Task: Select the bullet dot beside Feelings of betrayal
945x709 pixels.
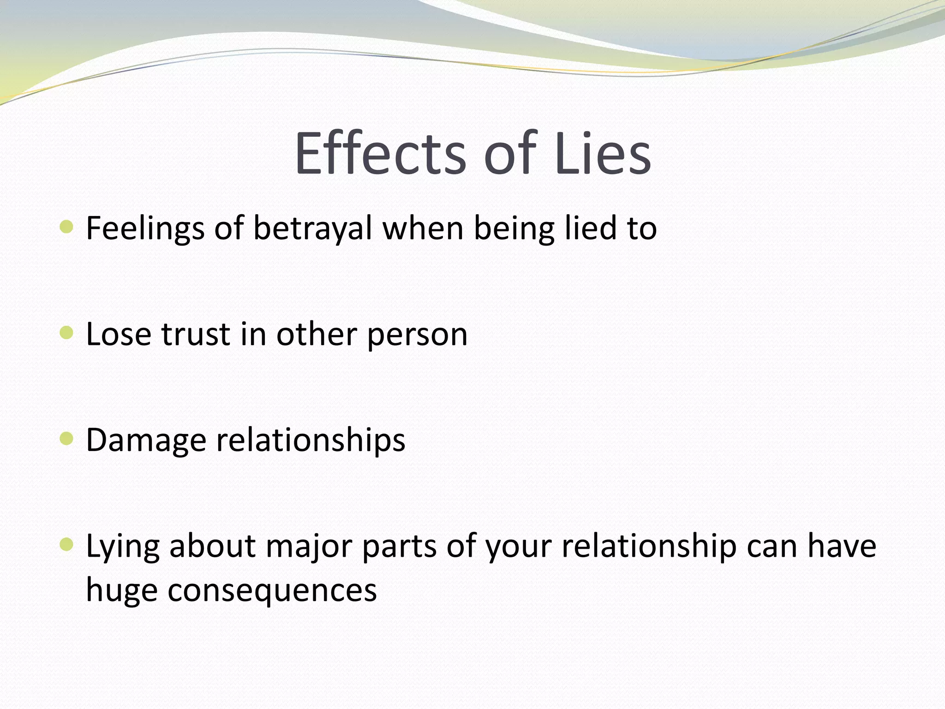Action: click(x=67, y=227)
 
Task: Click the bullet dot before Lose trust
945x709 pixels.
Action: click(x=67, y=332)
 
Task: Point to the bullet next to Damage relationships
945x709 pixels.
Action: click(x=67, y=439)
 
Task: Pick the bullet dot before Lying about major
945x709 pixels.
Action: click(x=67, y=545)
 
